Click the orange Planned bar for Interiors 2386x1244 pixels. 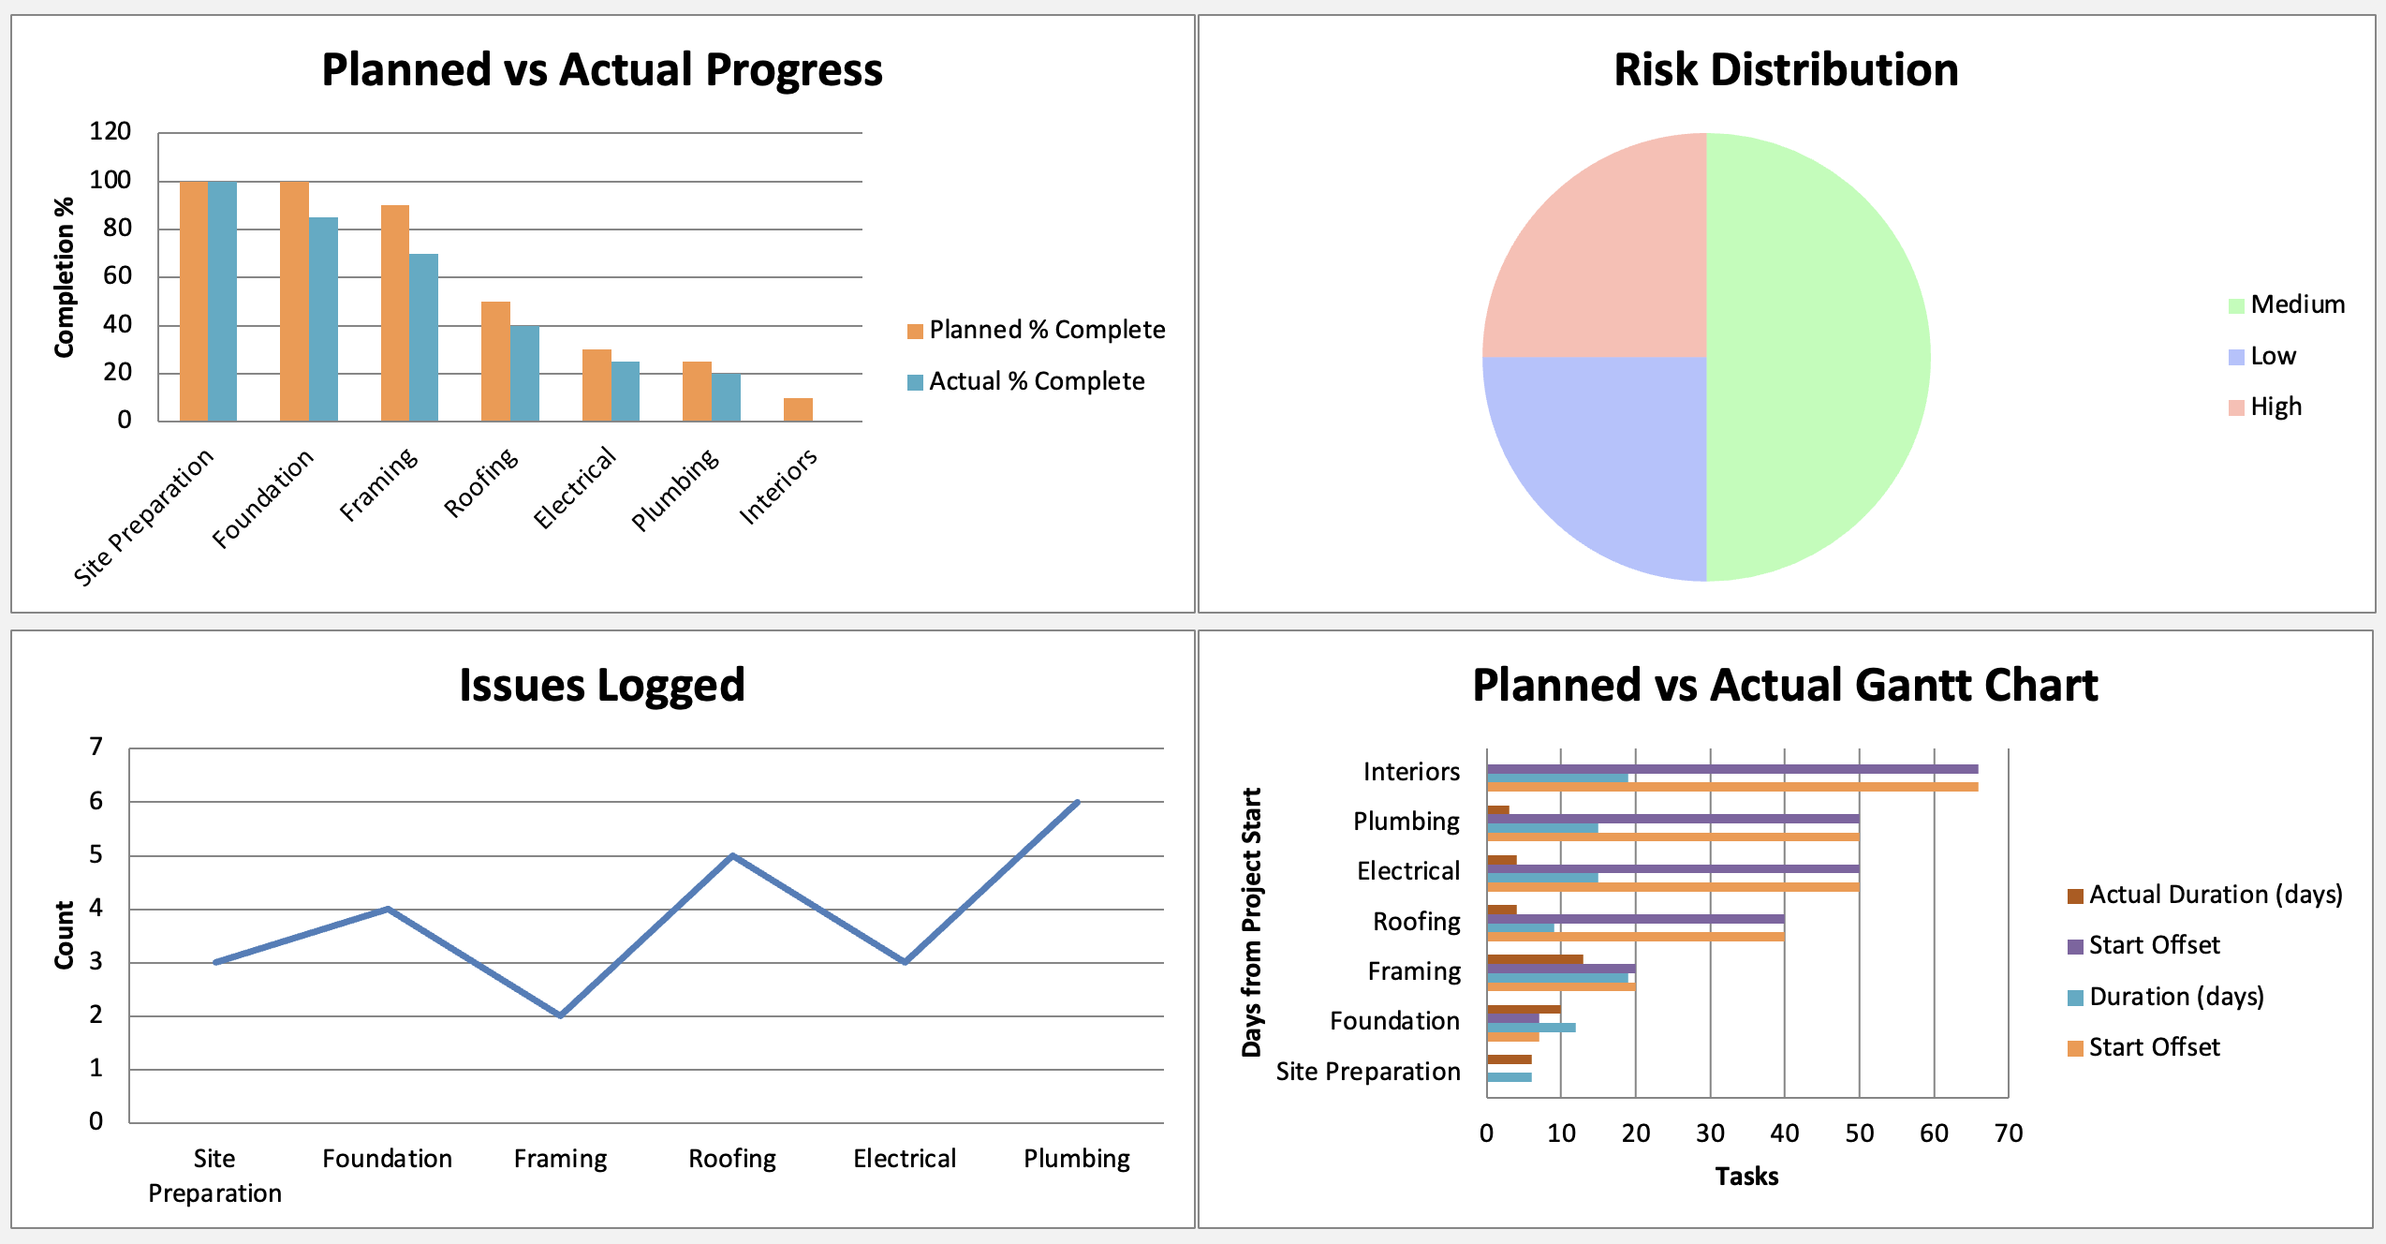click(798, 409)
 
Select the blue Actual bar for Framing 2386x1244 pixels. click(423, 337)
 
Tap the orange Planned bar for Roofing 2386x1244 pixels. click(495, 361)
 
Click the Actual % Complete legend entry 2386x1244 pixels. click(1036, 381)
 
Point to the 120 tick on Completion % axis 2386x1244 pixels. click(110, 131)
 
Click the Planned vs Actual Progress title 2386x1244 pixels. click(602, 70)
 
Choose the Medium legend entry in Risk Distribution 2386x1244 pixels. click(2296, 304)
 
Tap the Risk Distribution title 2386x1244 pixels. click(1786, 70)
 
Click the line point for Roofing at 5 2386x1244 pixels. click(732, 855)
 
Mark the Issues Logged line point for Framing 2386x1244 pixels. click(560, 1015)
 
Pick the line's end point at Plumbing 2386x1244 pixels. click(1078, 802)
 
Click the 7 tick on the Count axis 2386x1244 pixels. click(96, 747)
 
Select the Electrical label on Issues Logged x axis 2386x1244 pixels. click(905, 1159)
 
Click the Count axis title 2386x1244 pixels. click(64, 935)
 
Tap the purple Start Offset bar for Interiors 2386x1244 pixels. click(1732, 769)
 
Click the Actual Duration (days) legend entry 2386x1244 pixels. click(2215, 895)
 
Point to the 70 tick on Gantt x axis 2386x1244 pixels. click(2009, 1133)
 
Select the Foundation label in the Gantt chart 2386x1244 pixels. click(1394, 1021)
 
